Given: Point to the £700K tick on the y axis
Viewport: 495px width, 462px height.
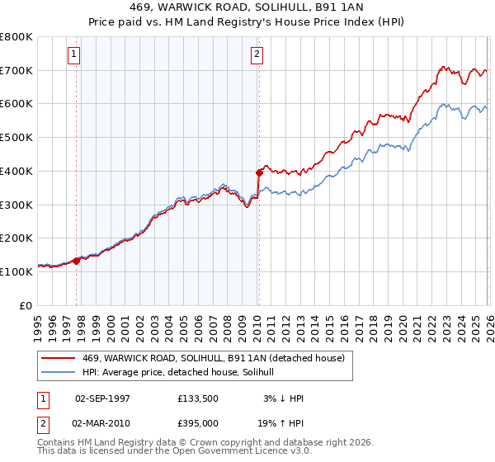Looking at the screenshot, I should pos(16,70).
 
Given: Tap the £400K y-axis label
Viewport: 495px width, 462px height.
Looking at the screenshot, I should pos(16,171).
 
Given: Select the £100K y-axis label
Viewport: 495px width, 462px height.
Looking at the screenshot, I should pos(16,271).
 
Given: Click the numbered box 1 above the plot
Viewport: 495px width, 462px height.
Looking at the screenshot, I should pos(73,55).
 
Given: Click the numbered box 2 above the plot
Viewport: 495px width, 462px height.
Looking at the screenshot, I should pos(257,55).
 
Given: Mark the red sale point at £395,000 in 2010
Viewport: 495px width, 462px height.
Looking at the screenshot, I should pos(259,172).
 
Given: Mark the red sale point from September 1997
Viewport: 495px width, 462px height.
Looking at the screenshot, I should pos(77,260).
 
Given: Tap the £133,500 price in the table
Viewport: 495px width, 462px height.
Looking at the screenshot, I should pos(197,398).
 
